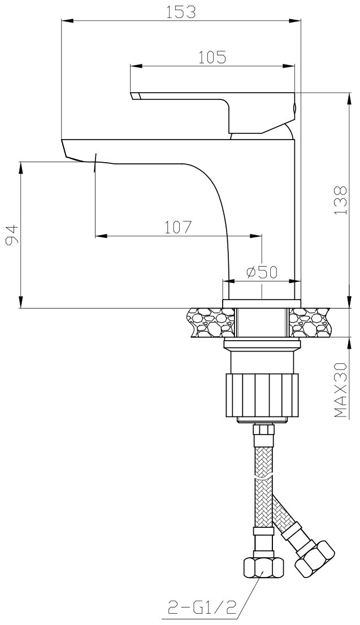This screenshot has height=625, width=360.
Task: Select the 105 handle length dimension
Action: [212, 57]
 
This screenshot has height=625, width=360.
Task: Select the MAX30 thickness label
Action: [340, 390]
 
